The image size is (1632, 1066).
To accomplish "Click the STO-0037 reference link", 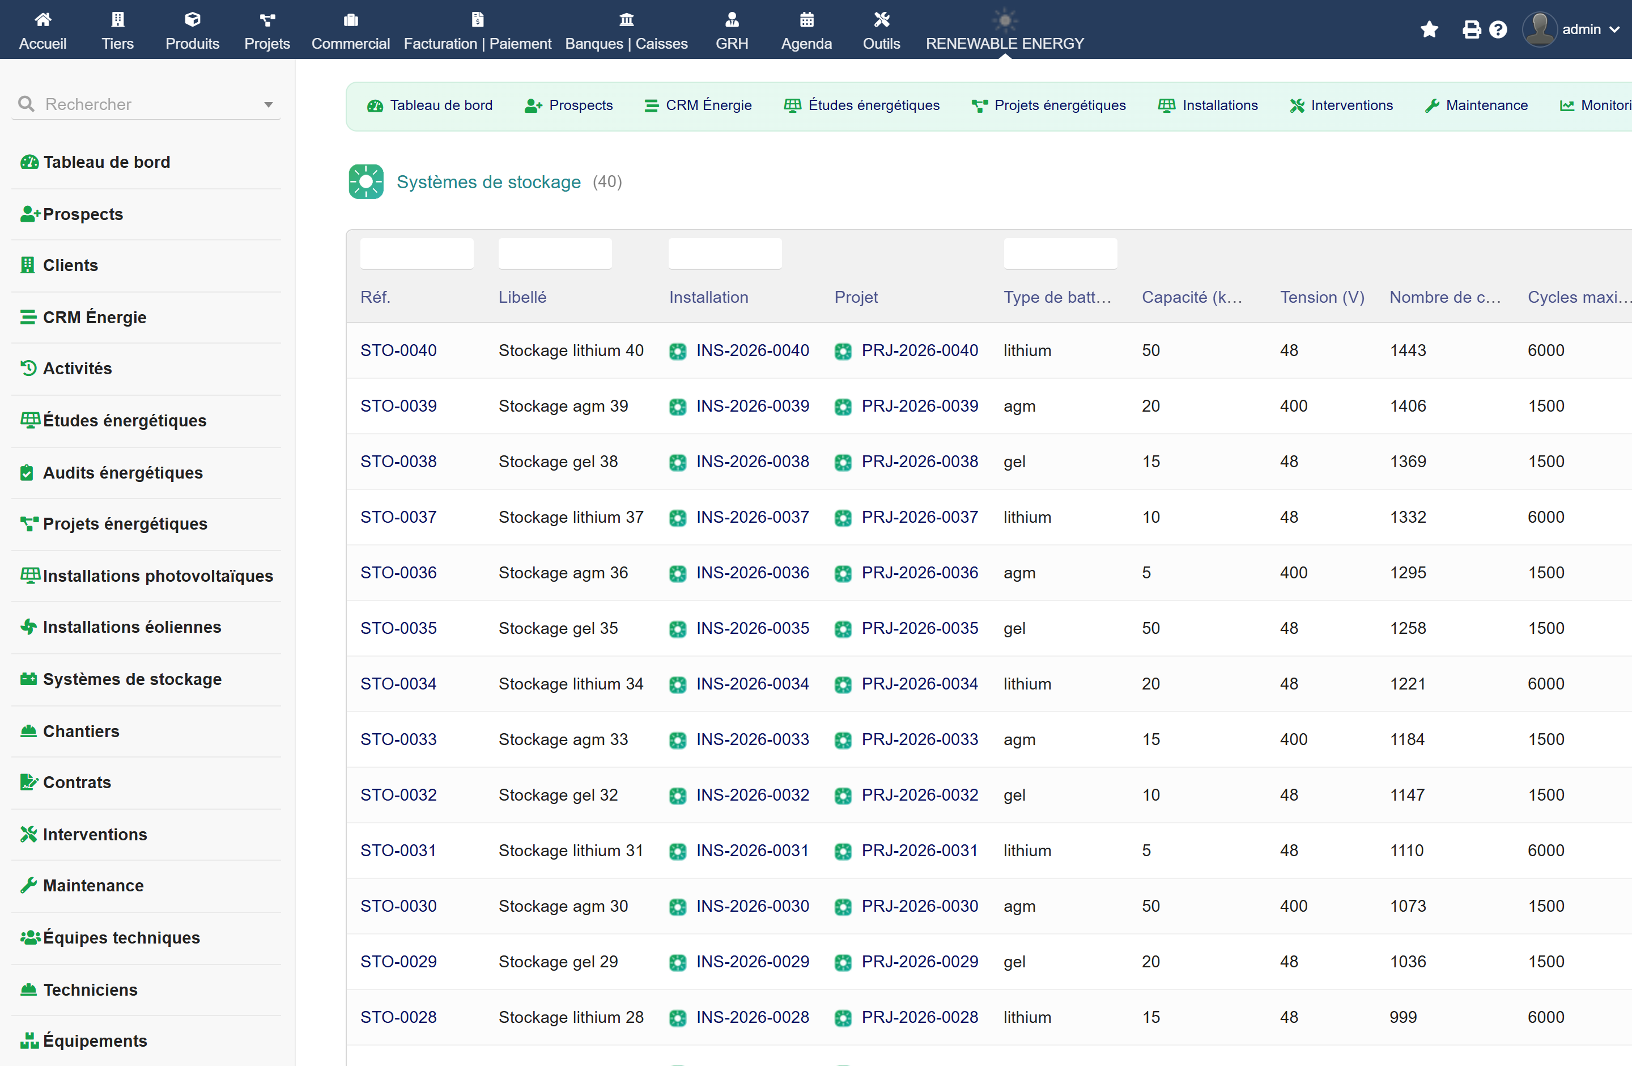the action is click(x=398, y=517).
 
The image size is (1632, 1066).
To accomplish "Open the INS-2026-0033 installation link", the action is click(x=752, y=739).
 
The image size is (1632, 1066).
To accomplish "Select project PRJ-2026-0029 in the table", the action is click(x=920, y=961).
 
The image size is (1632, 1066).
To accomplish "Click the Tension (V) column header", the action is click(x=1322, y=297).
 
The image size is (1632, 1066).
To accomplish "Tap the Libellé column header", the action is click(x=522, y=297).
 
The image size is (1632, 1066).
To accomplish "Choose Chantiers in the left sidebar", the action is click(x=81, y=731).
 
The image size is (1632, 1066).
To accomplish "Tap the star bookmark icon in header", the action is click(x=1429, y=29).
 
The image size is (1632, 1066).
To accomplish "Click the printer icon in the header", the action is click(x=1471, y=29).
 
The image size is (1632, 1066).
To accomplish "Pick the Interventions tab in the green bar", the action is click(x=1341, y=105).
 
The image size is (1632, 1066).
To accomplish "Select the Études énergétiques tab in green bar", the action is click(x=862, y=105).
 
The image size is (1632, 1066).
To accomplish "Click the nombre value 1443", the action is click(x=1408, y=350).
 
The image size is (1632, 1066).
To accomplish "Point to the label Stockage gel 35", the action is click(x=558, y=628).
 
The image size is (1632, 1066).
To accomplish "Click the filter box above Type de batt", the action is click(x=1060, y=253).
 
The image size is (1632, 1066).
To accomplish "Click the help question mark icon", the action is click(x=1498, y=29).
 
